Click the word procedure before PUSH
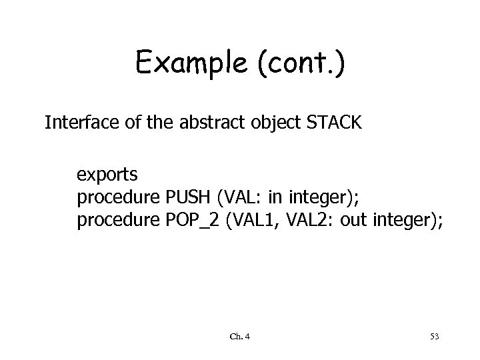coord(117,198)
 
